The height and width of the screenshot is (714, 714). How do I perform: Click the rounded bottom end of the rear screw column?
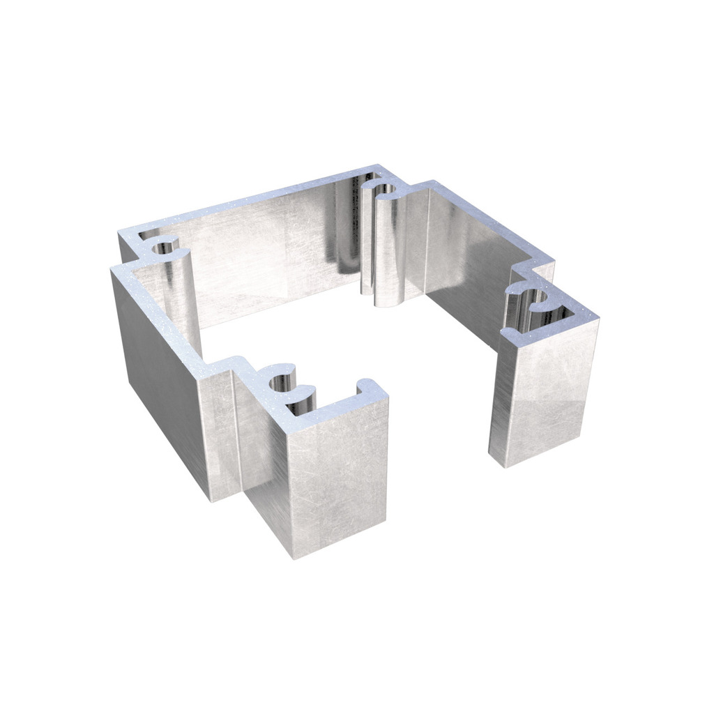coord(383,301)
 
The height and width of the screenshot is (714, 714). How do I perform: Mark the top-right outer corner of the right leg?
coord(598,318)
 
